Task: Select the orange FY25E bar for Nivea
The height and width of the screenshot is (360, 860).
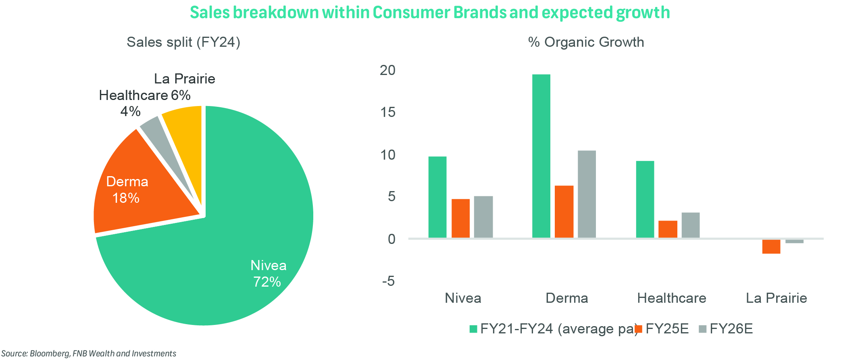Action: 460,218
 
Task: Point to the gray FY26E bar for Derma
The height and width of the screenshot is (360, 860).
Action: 587,194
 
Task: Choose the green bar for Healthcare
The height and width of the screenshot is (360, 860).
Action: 645,199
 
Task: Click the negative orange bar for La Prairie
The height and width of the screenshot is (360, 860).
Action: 771,246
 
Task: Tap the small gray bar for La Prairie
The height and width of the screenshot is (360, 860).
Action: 794,241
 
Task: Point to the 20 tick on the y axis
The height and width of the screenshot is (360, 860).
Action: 388,70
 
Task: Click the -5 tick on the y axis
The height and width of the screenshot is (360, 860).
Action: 389,281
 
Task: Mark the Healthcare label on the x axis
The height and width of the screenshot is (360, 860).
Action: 672,298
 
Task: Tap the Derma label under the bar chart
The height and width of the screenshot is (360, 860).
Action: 566,298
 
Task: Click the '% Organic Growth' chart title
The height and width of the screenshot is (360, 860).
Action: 586,42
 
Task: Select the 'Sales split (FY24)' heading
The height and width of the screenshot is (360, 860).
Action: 183,42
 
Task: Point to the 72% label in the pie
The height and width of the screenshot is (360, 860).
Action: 267,282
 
